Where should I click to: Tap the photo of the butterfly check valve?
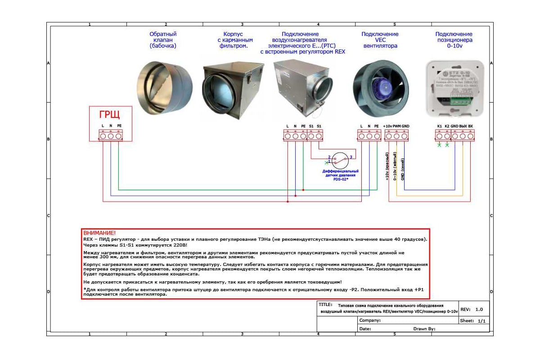tap(165, 88)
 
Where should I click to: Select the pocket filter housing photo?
tap(233, 88)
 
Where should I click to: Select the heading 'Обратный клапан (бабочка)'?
tap(163, 40)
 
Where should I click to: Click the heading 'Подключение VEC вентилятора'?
tap(380, 40)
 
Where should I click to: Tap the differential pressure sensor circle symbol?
tap(341, 161)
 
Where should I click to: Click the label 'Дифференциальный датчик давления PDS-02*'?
tap(341, 175)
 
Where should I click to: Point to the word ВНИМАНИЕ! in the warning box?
tap(99, 233)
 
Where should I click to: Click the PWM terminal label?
tap(396, 126)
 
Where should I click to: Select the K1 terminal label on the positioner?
tap(440, 126)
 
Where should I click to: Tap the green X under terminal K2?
tap(447, 145)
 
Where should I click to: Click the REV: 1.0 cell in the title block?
tap(472, 309)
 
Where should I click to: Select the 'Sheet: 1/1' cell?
tap(473, 321)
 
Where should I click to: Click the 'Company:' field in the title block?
tap(370, 320)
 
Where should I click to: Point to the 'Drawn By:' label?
tap(424, 329)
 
